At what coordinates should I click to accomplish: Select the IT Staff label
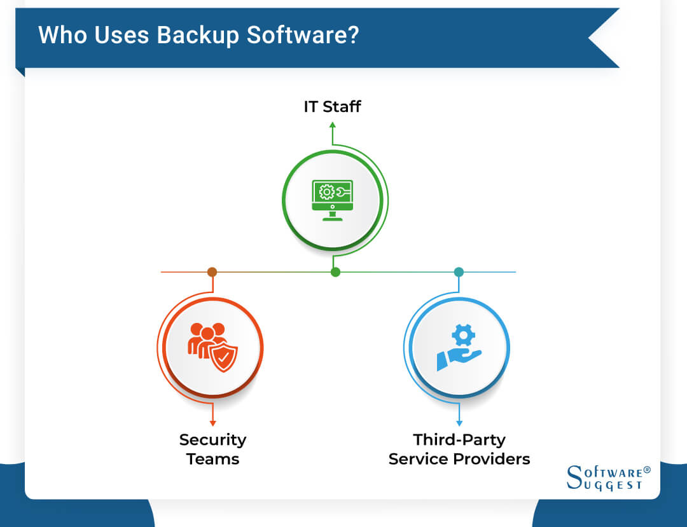(332, 106)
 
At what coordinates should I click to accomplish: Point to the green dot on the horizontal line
(335, 272)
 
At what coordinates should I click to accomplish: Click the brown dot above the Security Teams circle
(212, 272)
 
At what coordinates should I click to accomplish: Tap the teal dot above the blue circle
(459, 272)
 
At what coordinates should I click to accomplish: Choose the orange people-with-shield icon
(212, 347)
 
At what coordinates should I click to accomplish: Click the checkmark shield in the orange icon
(224, 357)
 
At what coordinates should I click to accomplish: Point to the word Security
(212, 440)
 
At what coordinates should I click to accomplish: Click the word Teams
(212, 459)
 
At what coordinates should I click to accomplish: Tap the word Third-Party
(459, 440)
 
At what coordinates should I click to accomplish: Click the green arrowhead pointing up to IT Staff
(332, 125)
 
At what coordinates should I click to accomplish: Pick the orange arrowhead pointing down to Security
(212, 423)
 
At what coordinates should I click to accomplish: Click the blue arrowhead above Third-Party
(459, 423)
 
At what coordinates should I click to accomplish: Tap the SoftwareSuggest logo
(608, 477)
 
